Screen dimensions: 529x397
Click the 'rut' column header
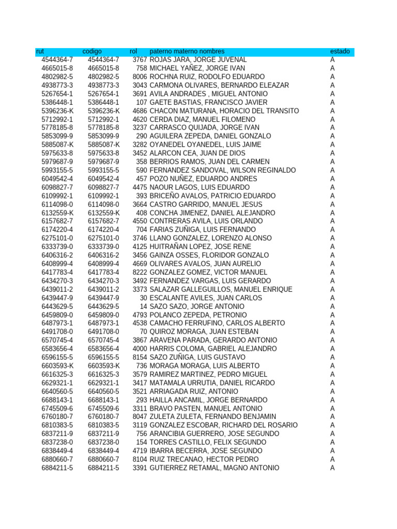coord(40,52)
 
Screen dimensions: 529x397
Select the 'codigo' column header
coord(92,52)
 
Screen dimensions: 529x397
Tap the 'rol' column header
coord(133,52)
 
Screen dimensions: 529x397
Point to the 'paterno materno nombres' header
coord(187,52)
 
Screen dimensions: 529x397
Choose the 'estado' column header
coord(340,52)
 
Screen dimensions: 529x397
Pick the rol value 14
coord(143,306)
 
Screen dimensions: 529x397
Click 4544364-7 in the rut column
coord(57,60)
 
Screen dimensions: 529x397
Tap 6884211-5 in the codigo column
coord(103,468)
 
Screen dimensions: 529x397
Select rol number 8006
coord(140,77)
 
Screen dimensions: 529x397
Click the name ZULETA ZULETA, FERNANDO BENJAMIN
coord(212,417)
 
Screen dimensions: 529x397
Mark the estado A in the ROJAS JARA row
coord(332,60)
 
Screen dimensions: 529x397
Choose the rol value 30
coord(143,298)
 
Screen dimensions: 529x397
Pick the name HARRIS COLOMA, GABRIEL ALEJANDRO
coord(213,349)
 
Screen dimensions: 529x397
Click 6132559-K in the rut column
coord(57,213)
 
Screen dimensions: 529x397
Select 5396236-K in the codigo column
coord(103,111)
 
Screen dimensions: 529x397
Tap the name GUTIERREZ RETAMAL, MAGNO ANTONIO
coord(215,468)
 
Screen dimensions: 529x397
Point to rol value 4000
coord(140,349)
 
